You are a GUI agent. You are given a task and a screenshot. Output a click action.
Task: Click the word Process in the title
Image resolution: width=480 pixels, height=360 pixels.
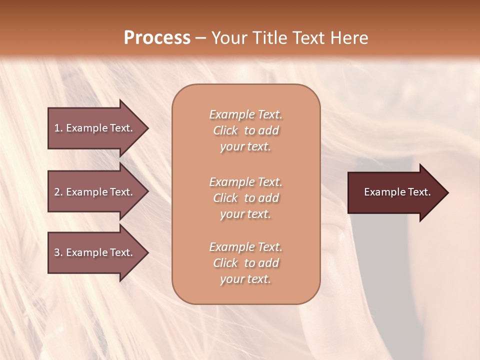coord(157,38)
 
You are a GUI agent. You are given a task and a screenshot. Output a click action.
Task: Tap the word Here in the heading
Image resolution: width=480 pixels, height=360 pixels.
coord(349,38)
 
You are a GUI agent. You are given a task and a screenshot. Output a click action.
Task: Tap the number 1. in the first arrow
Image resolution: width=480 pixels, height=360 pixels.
coord(58,128)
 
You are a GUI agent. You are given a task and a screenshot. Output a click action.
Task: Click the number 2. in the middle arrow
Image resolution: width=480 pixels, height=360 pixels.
coord(58,192)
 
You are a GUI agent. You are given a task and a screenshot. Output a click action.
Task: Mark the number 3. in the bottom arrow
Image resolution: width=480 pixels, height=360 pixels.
coord(58,252)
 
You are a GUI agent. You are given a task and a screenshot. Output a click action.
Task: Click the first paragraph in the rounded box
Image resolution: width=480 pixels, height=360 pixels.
coord(245,130)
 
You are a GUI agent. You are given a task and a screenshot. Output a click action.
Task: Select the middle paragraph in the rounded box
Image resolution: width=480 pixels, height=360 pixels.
coord(245,198)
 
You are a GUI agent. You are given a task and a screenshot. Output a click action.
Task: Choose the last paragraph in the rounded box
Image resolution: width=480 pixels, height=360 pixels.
coord(245,263)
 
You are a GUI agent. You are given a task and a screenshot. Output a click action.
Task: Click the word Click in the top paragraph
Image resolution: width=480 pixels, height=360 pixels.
coord(225,130)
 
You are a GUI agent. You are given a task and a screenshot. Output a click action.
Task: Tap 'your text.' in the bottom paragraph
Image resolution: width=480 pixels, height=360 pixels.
coord(245,279)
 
